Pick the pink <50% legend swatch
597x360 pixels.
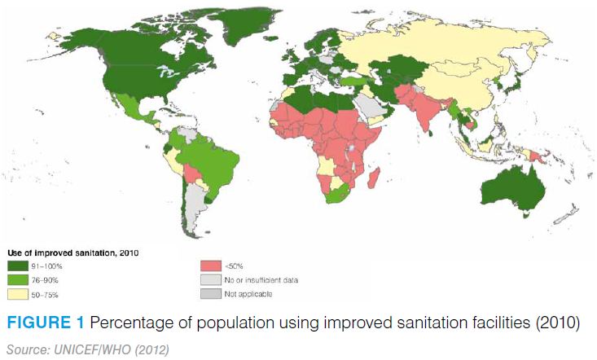(211, 265)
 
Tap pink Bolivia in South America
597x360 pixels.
(191, 174)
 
